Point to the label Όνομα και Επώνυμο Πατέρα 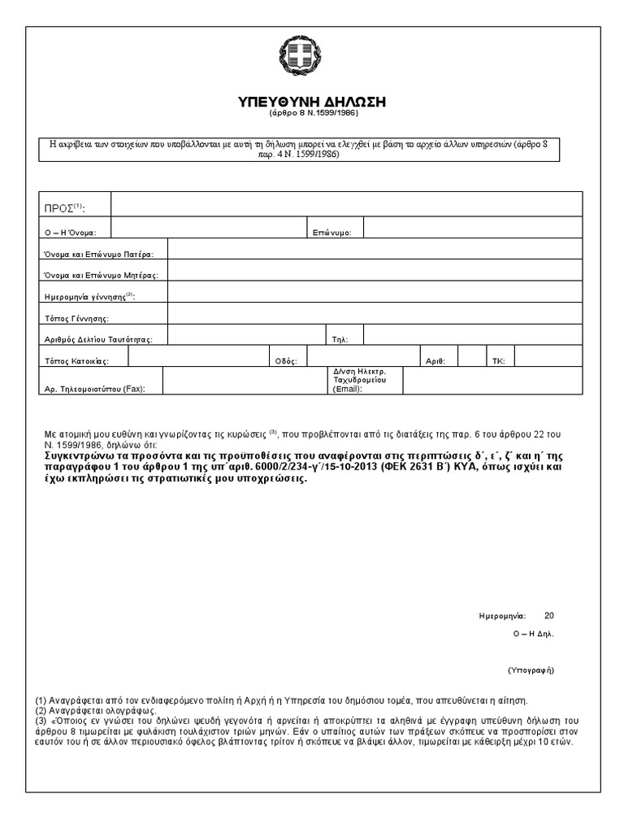point(104,255)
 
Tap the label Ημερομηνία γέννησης point(89,296)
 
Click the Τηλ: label point(340,339)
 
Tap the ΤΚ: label point(498,360)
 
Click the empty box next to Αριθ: point(470,355)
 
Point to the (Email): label point(348,389)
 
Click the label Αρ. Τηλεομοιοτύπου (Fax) point(94,389)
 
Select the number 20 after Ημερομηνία point(548,616)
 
